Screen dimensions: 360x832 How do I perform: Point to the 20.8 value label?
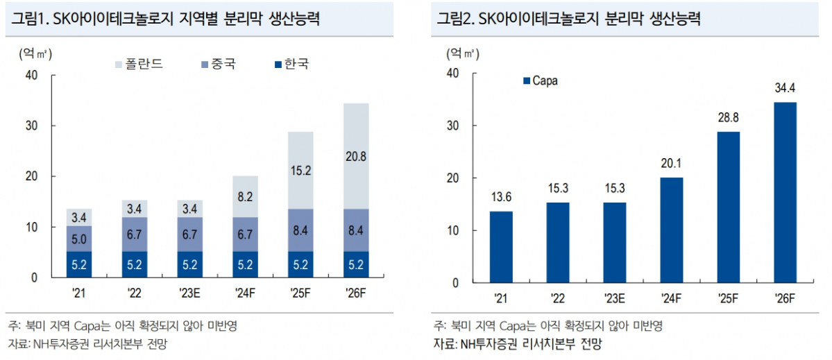click(x=356, y=156)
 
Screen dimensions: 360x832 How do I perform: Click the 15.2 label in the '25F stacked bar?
click(x=300, y=170)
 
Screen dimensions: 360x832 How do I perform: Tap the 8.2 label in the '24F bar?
click(x=246, y=197)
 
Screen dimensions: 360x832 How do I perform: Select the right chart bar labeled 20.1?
click(x=671, y=230)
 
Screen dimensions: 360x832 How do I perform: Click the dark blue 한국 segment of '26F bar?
click(x=356, y=264)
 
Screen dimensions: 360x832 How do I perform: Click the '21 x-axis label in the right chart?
click(x=500, y=299)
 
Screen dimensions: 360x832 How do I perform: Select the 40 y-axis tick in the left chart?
click(x=31, y=76)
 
